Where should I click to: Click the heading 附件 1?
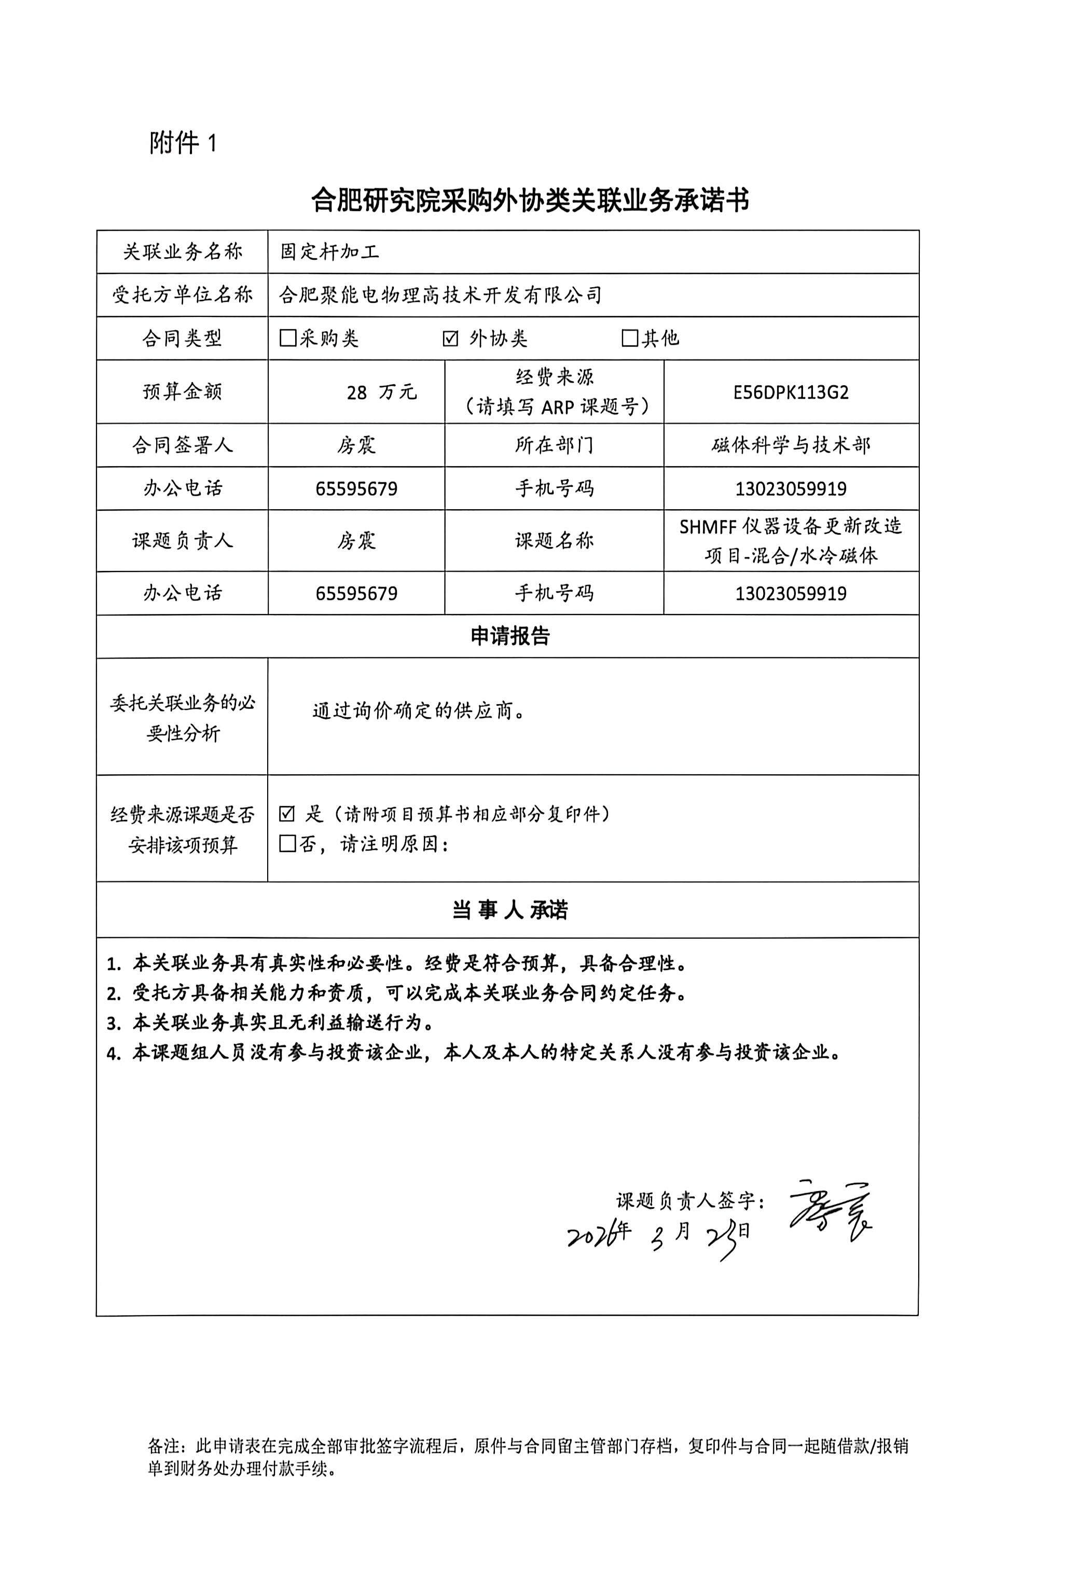tap(183, 143)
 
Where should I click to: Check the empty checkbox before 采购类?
tap(288, 338)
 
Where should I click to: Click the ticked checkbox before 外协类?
tap(450, 338)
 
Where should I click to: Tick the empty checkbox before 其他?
tap(629, 338)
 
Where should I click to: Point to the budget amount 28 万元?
tap(381, 392)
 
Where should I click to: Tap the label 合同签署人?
tap(182, 445)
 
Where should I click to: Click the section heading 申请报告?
tap(509, 636)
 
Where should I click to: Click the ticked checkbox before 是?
tap(287, 814)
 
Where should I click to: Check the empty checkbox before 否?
tap(288, 844)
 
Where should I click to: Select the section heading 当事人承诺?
tap(509, 910)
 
